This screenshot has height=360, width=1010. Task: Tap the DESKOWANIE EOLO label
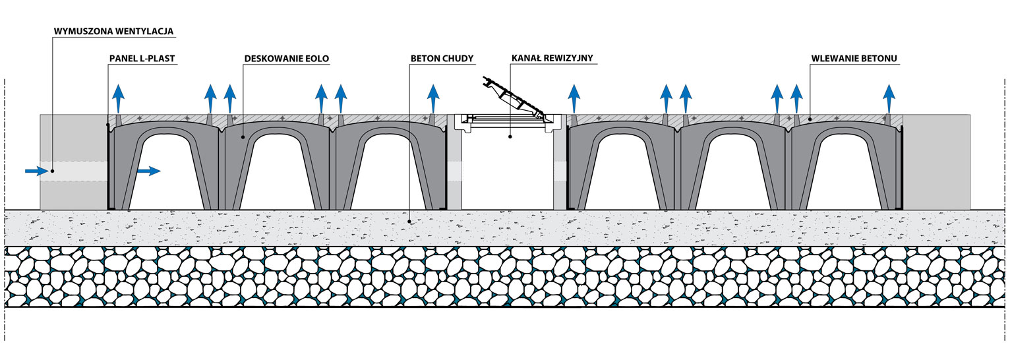point(286,58)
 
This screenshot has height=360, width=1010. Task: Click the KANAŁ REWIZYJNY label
point(552,58)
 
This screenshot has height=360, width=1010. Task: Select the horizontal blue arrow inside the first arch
point(148,171)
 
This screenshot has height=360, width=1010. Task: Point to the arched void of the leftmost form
point(165,171)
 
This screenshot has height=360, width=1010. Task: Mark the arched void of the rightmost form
point(844,171)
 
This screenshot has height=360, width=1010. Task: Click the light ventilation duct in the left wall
point(73,171)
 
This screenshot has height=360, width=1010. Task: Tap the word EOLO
point(317,58)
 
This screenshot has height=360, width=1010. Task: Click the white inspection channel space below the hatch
point(508,171)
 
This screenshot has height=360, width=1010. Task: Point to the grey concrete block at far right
point(936,162)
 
